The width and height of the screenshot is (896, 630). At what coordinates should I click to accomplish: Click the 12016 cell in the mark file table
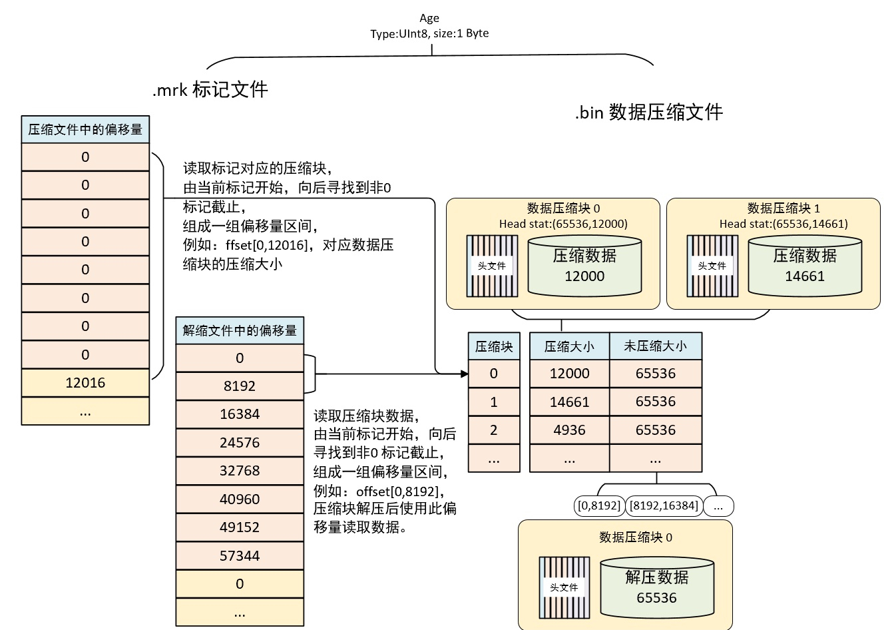(85, 383)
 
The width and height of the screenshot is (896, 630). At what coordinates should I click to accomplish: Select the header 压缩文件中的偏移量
(85, 129)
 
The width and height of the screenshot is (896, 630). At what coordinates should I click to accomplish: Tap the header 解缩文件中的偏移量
(240, 330)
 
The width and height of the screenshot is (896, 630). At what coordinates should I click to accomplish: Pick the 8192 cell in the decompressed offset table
(240, 386)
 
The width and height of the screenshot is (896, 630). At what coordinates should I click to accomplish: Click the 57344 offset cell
(240, 555)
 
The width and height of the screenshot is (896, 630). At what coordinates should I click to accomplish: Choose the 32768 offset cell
(240, 471)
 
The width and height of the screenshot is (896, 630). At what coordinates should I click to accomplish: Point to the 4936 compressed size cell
(569, 430)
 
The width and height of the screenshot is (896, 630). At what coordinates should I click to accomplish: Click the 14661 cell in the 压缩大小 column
(569, 402)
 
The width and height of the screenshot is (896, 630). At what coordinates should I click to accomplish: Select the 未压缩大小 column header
(655, 346)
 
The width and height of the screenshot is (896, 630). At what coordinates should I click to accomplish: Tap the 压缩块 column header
(494, 346)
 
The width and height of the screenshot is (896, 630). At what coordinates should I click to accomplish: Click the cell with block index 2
(494, 430)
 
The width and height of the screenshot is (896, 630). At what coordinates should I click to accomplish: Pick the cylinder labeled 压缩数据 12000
(584, 266)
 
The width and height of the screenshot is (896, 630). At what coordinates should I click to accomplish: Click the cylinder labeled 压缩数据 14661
(805, 266)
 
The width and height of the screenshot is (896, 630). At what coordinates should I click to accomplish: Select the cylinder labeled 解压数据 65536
(656, 587)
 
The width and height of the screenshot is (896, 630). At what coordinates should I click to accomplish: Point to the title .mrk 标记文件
(210, 89)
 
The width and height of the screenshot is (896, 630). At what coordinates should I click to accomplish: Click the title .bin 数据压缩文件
(648, 112)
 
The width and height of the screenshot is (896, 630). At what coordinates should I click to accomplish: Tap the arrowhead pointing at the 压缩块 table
(465, 374)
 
